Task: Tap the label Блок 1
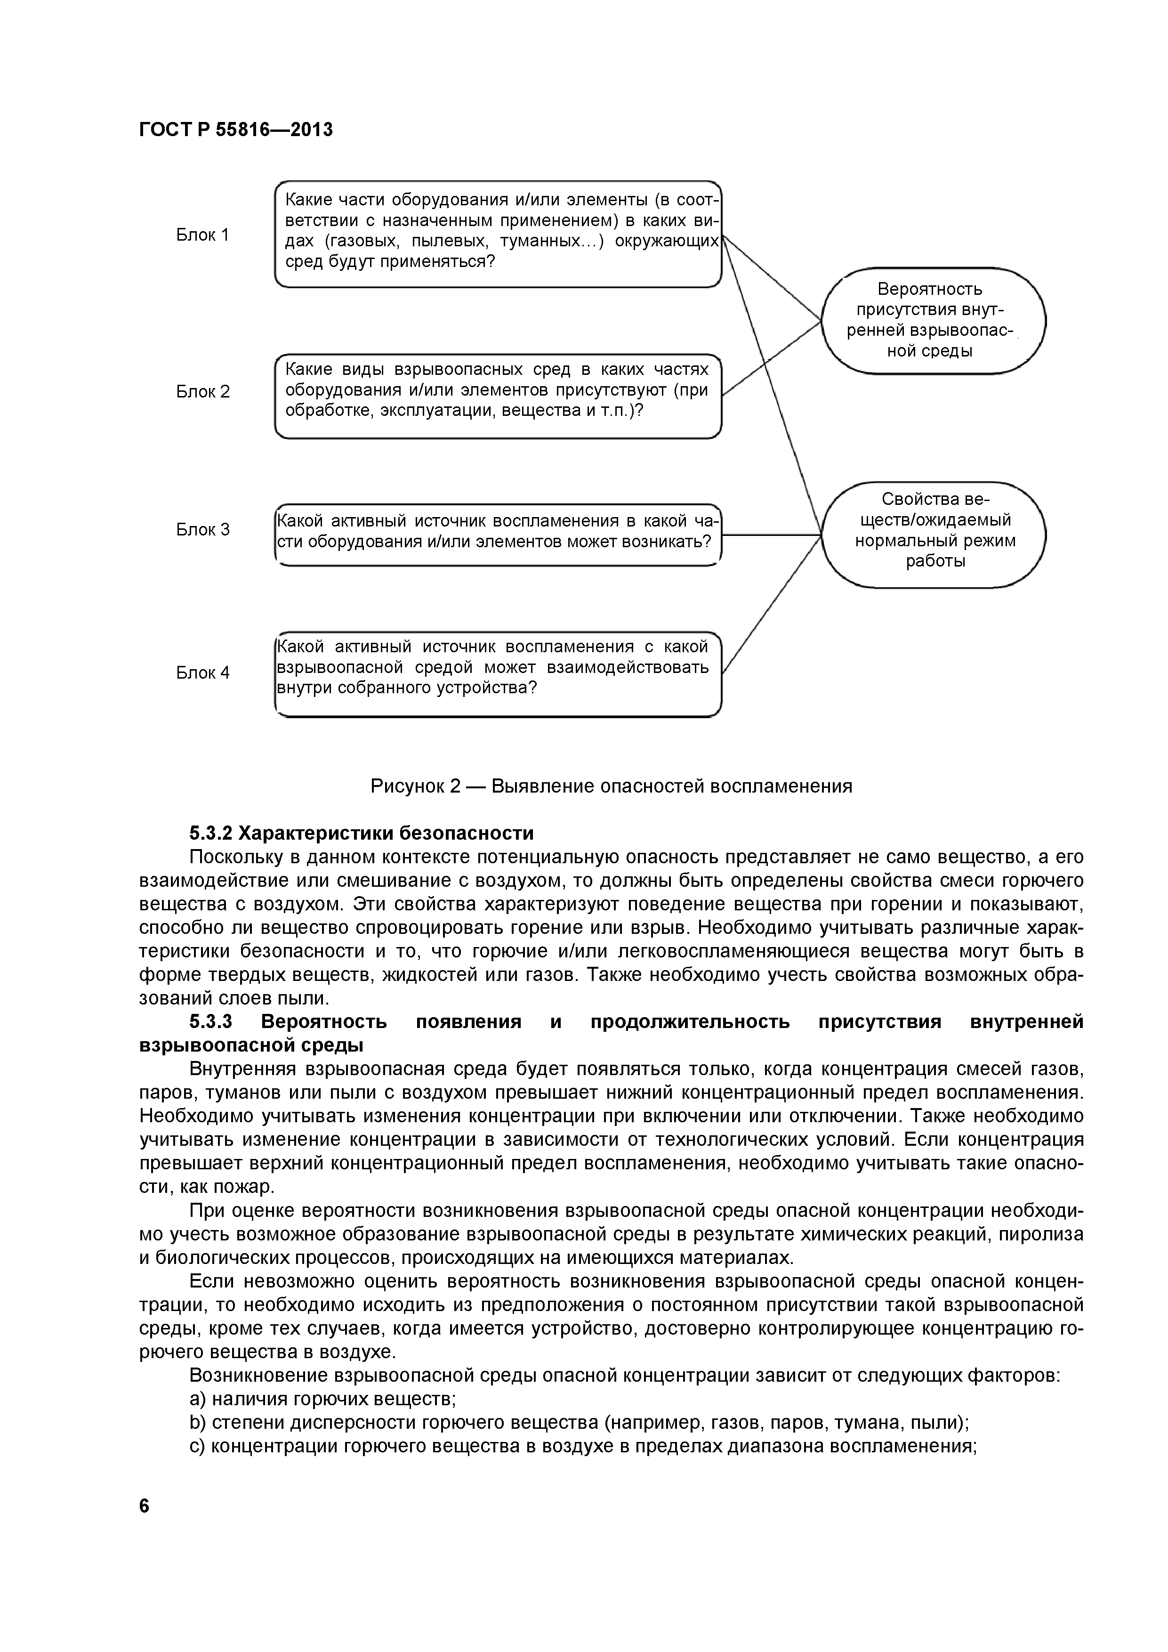(203, 235)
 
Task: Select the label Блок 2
(203, 392)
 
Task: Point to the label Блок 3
(203, 530)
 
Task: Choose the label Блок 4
(203, 673)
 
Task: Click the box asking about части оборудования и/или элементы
(498, 234)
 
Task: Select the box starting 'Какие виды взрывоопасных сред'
(498, 396)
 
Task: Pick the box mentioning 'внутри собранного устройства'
(498, 673)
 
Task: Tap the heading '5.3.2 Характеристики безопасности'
(362, 833)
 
